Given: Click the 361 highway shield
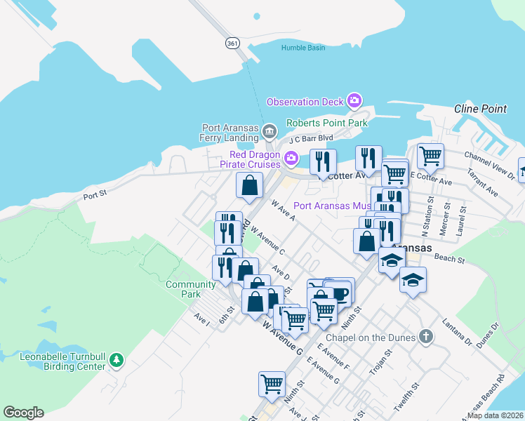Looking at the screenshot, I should [x=232, y=43].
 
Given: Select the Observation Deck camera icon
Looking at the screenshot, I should [x=354, y=102].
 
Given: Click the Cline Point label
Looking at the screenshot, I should [x=480, y=109].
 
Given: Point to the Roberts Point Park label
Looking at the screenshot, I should [x=327, y=123].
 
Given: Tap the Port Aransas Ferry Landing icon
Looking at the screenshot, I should [x=269, y=132].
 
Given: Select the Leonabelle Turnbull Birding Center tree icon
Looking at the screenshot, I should [x=117, y=361].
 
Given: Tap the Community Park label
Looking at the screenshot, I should [x=190, y=289].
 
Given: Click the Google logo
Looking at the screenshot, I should [x=23, y=413].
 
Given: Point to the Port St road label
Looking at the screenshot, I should [x=95, y=196].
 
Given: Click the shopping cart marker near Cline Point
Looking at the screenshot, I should [x=430, y=155].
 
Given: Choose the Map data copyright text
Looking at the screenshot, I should [x=495, y=415].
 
